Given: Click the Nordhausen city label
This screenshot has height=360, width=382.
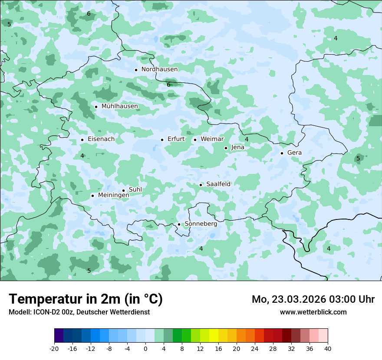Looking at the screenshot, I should [159, 69].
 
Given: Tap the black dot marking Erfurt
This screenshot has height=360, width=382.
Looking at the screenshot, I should [162, 140].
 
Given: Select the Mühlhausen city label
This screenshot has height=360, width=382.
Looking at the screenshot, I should [119, 106].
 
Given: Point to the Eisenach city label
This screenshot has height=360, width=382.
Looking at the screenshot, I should [101, 139].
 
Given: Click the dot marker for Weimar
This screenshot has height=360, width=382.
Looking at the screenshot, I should [195, 140].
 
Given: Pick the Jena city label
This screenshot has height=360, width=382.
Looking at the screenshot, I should [237, 147].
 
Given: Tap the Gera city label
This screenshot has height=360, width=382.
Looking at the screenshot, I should [294, 153].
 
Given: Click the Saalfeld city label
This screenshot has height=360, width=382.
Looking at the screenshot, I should [218, 184].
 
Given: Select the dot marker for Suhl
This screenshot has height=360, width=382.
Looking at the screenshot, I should [123, 190].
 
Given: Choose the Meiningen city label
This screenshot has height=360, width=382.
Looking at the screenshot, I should [113, 196].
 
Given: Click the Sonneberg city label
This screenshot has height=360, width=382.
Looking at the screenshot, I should [201, 224].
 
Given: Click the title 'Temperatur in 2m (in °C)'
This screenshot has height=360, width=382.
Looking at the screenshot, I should [86, 299].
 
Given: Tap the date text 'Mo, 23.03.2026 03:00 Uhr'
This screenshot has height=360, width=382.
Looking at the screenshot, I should [313, 300].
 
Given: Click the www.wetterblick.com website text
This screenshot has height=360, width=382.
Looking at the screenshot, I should [313, 312].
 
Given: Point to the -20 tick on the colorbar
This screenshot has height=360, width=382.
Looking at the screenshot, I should [54, 348].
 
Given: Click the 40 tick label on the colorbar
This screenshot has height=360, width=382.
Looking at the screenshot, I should [327, 348].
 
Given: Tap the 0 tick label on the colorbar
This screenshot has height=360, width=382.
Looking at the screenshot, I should [145, 348].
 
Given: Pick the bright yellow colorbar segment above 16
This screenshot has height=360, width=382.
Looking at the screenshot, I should [214, 336].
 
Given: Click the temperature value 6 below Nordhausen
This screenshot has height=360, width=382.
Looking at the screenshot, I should [168, 85].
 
